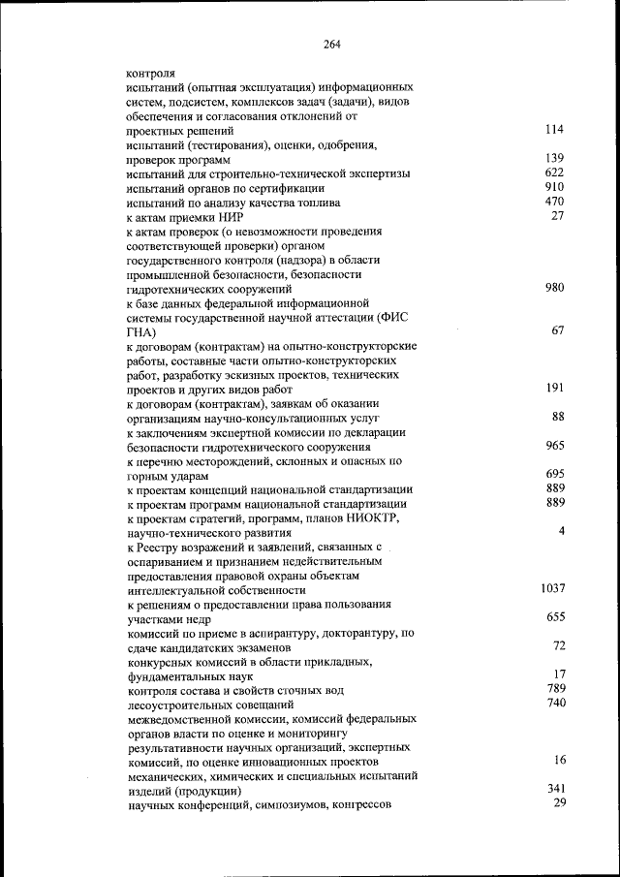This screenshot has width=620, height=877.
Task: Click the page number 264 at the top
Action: click(332, 44)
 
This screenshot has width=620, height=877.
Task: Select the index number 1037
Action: click(551, 587)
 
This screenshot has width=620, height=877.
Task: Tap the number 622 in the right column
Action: click(554, 172)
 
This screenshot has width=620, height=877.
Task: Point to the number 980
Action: click(554, 287)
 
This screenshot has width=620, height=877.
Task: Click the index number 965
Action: click(554, 445)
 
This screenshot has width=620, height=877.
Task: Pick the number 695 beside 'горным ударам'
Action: click(554, 474)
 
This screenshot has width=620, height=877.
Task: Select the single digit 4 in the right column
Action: click(561, 531)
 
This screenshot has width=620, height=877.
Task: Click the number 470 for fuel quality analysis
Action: click(554, 201)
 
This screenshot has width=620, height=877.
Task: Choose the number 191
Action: click(554, 387)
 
